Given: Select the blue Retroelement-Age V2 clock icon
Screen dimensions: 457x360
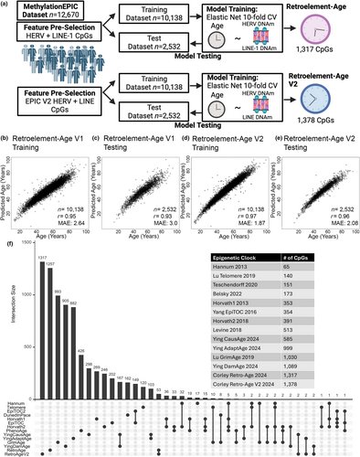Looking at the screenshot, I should coord(323,118).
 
